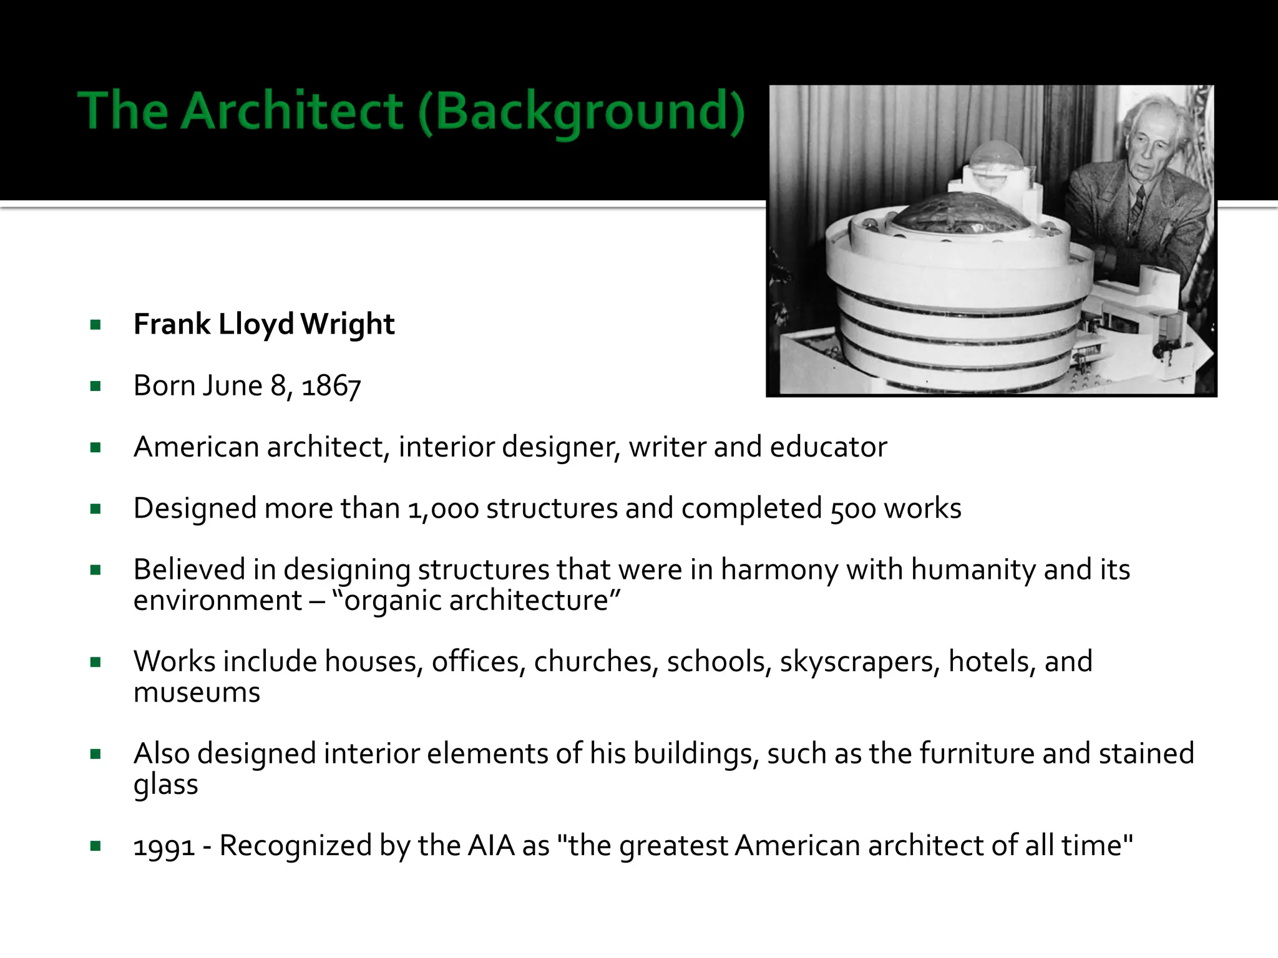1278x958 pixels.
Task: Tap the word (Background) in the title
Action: (x=582, y=112)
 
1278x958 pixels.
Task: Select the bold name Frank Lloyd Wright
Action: (x=264, y=324)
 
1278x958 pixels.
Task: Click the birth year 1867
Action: (x=331, y=386)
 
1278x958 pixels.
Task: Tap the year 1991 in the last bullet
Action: (x=164, y=846)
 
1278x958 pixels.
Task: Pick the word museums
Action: (x=197, y=692)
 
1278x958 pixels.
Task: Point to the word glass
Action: (x=165, y=785)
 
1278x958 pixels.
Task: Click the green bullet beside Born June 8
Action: (x=95, y=386)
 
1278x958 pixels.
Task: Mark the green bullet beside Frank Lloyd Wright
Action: (x=95, y=325)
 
